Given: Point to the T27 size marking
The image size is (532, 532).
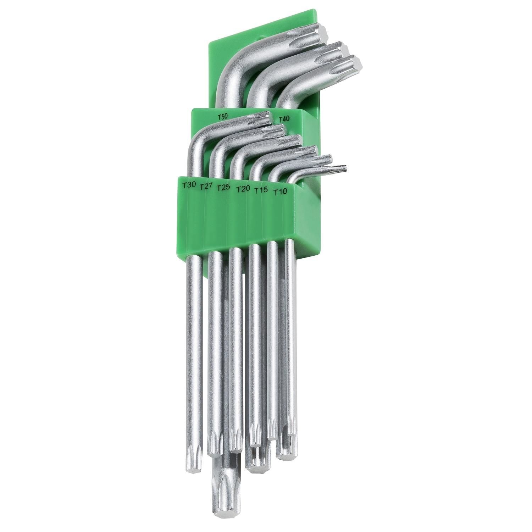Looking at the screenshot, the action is [206, 187].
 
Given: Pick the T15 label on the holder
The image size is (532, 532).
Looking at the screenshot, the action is [260, 190].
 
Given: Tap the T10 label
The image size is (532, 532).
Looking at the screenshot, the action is [280, 192].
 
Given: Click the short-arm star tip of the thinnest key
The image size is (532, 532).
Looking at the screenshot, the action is [337, 169].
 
